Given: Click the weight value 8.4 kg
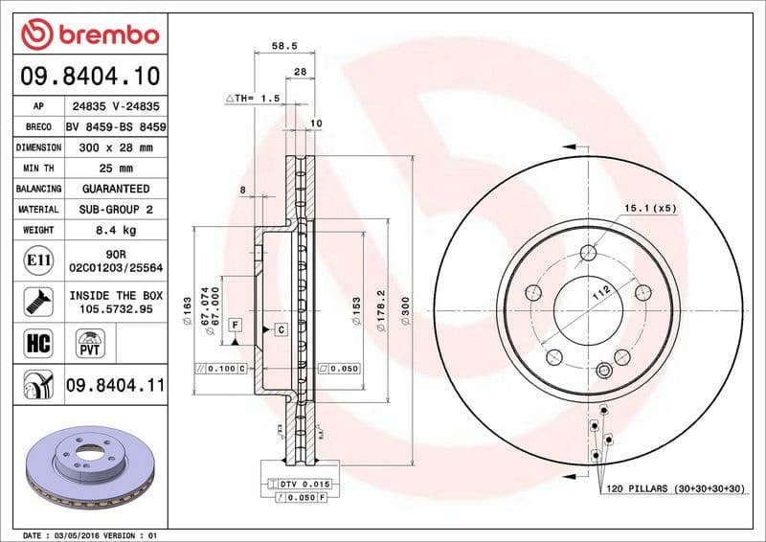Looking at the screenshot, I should (116, 230).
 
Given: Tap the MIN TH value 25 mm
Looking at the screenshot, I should (116, 169).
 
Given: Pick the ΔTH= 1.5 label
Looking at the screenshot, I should (252, 99).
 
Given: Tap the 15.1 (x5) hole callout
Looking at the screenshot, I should (650, 208).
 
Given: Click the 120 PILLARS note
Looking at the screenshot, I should (674, 488).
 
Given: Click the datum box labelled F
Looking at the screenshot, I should (234, 327).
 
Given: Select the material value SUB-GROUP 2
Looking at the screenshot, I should (116, 209).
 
